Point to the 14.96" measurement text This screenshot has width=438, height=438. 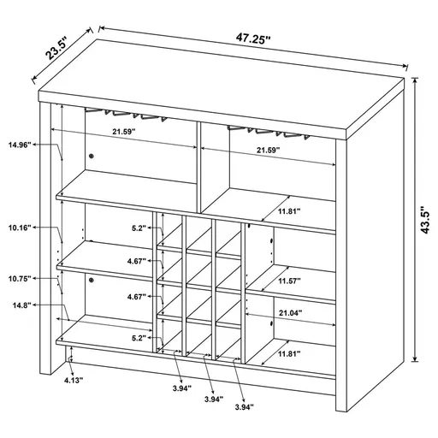21,145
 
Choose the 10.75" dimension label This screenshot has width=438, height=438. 21,279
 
